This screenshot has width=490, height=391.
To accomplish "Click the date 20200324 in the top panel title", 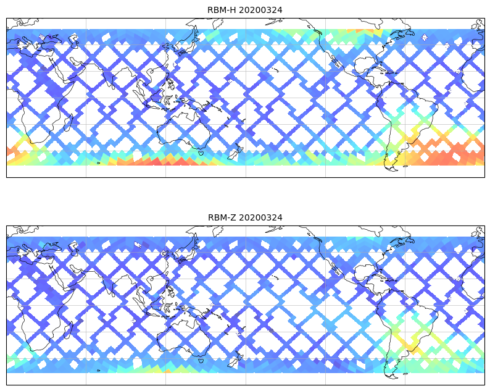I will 260,10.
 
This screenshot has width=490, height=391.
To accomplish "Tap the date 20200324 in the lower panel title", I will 260,217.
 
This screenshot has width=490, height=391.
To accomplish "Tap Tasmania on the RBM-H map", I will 201,153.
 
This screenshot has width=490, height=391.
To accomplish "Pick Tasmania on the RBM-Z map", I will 201,360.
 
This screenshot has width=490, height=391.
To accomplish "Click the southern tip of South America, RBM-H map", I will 389,167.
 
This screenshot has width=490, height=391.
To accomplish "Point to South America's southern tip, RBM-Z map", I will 389,375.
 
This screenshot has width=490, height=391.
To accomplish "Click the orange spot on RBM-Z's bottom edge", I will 165,370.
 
